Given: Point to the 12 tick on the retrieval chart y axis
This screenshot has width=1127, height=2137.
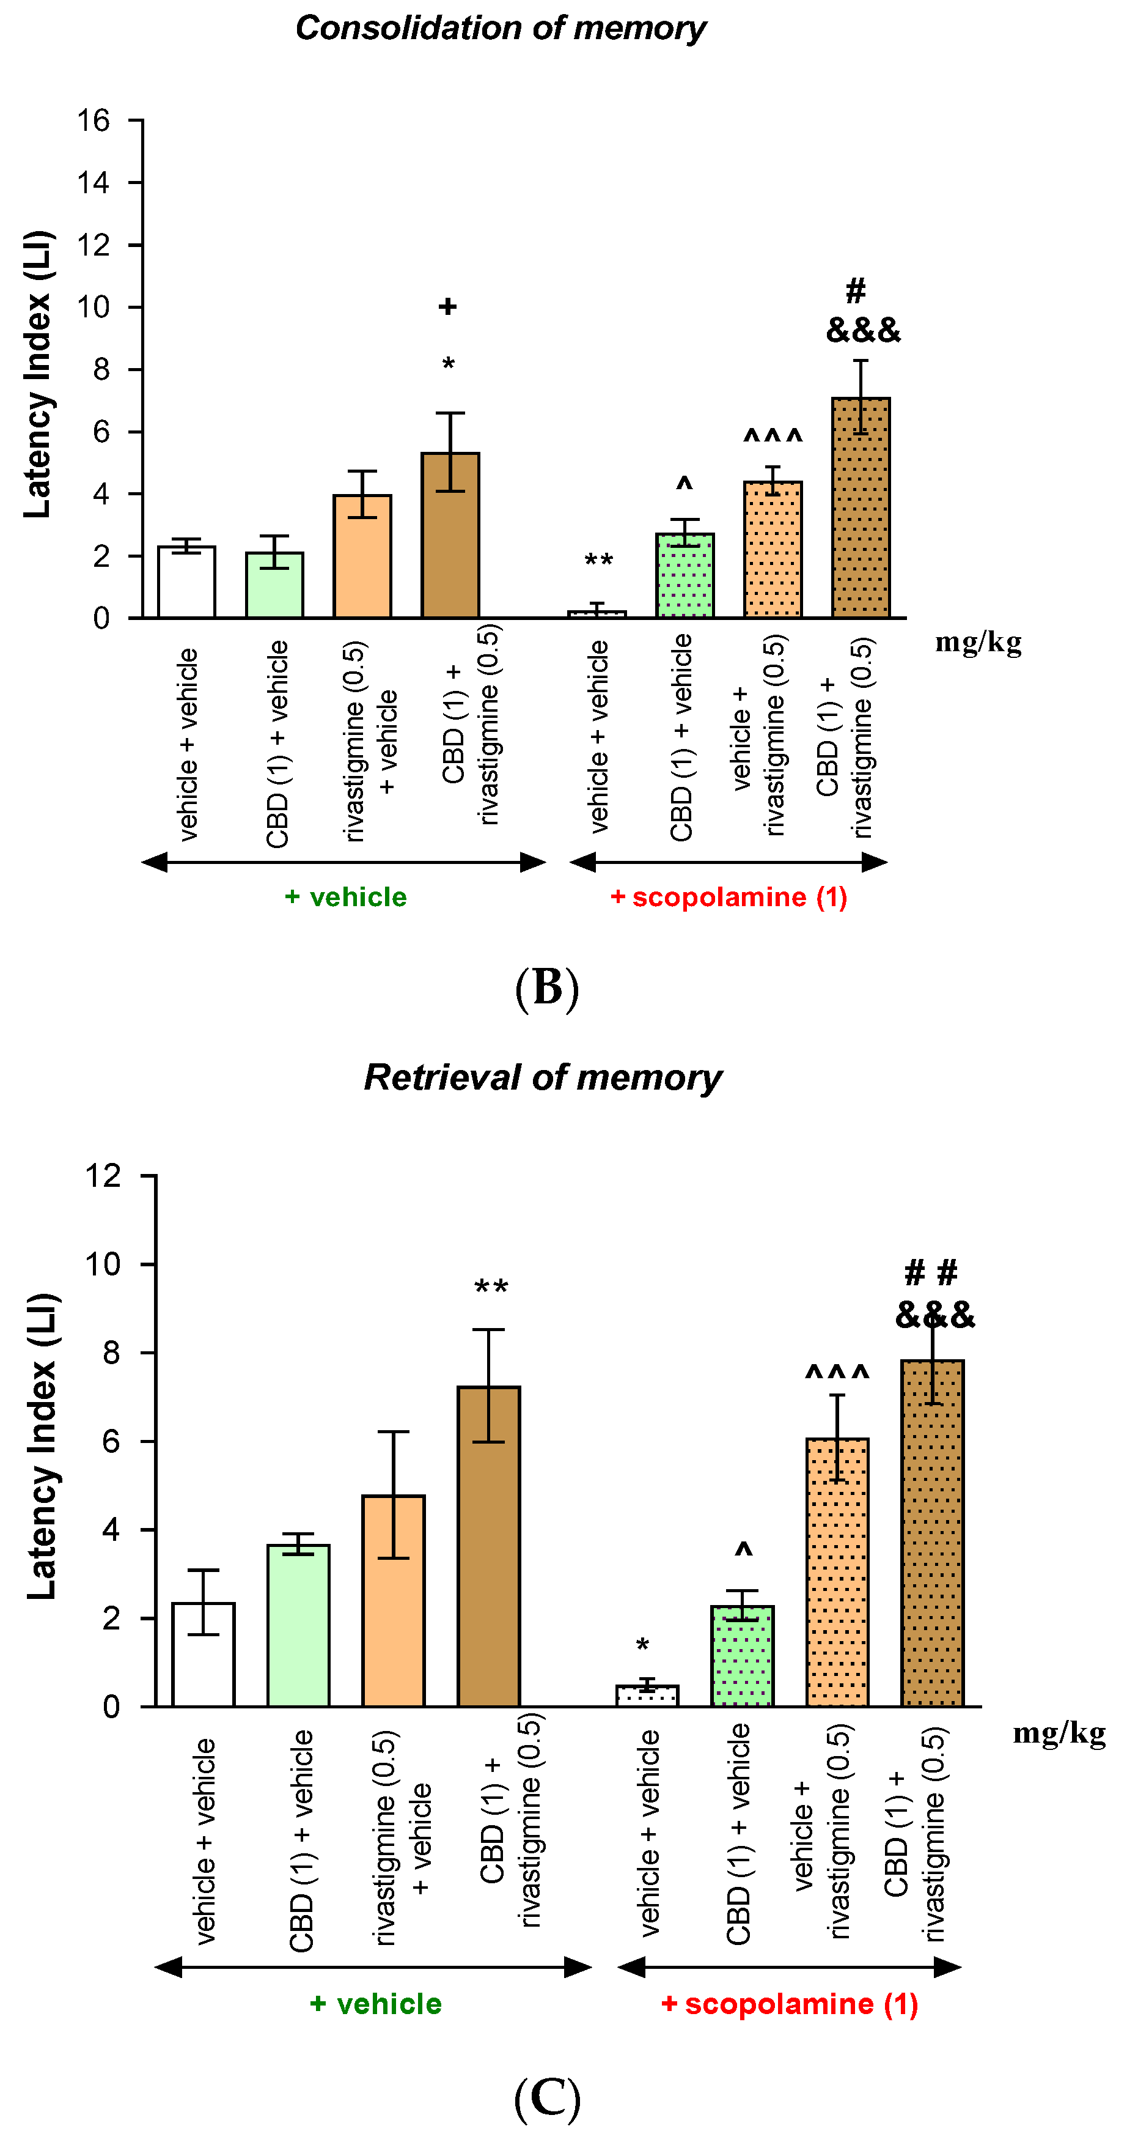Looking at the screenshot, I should coord(103,1176).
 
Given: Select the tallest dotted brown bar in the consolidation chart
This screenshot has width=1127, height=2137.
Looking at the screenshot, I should coord(860,507).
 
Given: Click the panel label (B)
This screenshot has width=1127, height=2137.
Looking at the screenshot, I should coord(546,987).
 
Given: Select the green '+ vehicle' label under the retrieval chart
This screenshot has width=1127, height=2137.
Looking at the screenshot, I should coord(376,2004).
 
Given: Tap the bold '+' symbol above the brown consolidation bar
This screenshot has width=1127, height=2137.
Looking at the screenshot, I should coord(448,307).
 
